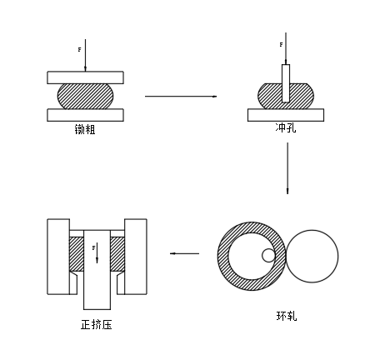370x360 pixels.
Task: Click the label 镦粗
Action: [85, 129]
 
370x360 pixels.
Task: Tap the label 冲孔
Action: [286, 127]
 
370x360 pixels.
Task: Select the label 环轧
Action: [287, 316]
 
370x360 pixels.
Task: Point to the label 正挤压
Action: [97, 324]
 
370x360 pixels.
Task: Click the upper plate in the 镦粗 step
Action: [85, 77]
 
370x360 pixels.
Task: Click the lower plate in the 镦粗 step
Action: [85, 115]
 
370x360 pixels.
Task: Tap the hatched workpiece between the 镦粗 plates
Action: [86, 96]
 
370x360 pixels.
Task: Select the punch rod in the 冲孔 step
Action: [286, 83]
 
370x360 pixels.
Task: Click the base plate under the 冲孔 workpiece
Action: [286, 115]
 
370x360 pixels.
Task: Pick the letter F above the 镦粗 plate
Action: [79, 50]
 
